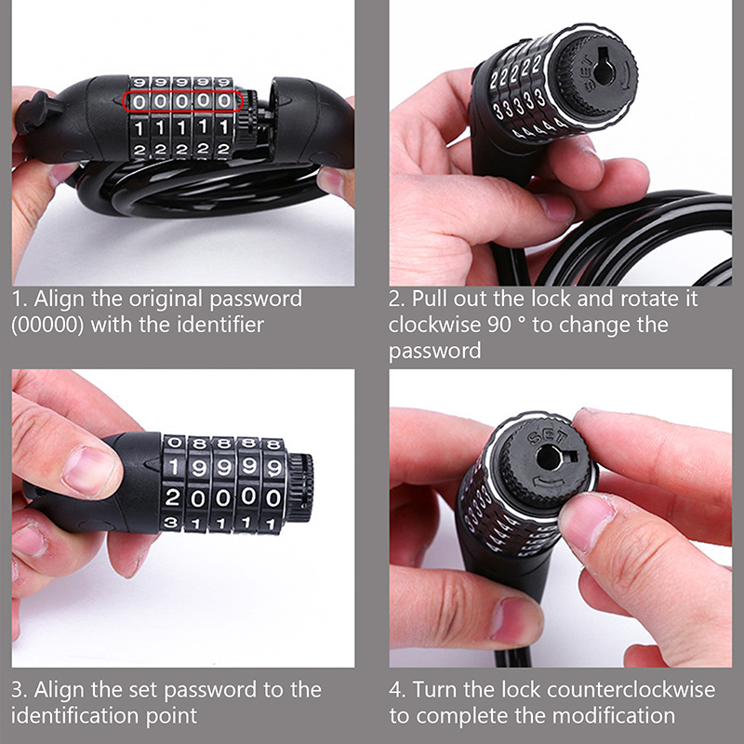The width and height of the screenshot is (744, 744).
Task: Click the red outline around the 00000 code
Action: [x=183, y=90]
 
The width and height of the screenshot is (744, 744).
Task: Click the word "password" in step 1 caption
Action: [x=256, y=299]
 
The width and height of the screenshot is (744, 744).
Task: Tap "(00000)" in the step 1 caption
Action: [x=47, y=325]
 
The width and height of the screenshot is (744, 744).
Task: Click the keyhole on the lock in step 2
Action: [x=604, y=71]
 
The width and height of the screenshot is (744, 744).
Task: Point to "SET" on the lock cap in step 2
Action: [x=586, y=74]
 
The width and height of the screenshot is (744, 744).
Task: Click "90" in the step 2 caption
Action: [x=499, y=325]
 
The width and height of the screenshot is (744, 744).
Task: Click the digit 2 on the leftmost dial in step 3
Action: [x=173, y=498]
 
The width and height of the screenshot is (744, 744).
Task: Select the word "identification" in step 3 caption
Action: [x=75, y=715]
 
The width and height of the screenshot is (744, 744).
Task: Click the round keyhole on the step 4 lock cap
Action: [x=548, y=458]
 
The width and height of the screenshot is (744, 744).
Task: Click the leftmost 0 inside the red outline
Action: [x=139, y=102]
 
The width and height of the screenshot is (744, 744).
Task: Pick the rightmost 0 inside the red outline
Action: [x=224, y=101]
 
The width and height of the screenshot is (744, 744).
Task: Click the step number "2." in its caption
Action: [x=397, y=299]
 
